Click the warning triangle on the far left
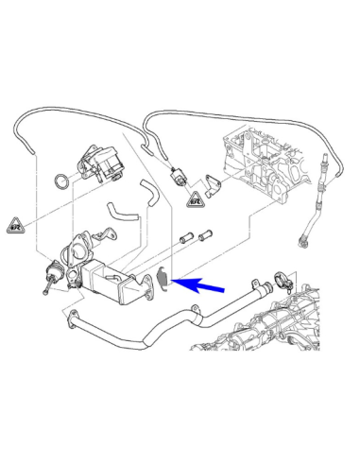tap(16, 225)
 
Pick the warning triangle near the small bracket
tap(194, 200)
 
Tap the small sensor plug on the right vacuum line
tap(177, 178)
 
